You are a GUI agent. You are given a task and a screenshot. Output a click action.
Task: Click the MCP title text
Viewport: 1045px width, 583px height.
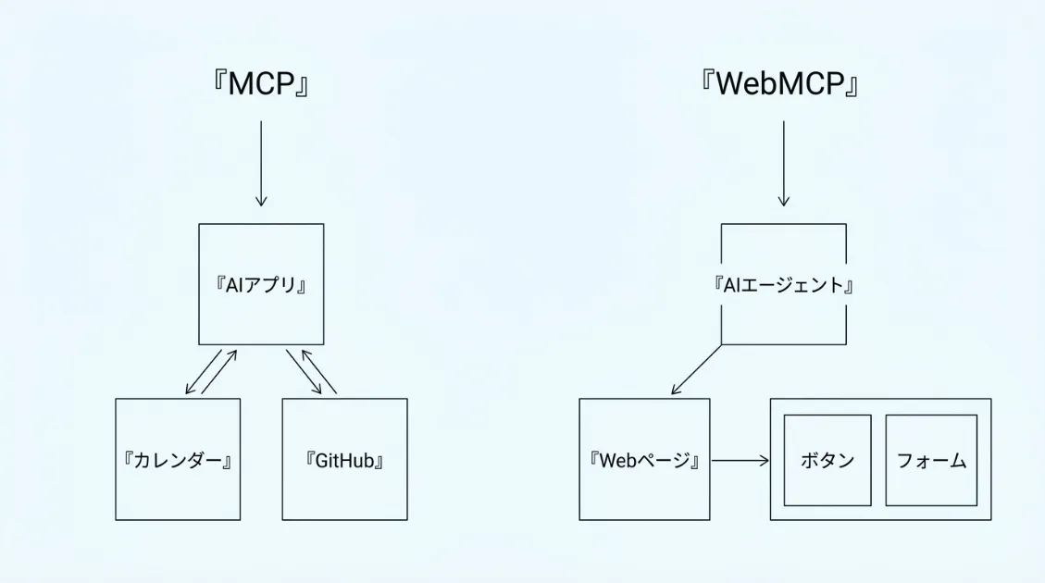click(x=260, y=84)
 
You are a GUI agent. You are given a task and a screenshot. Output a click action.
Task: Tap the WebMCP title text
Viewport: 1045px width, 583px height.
click(x=782, y=84)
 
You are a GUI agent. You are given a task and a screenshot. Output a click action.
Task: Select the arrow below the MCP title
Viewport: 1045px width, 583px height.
click(x=261, y=162)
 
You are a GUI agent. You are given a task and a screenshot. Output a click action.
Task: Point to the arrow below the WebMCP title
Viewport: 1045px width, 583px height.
click(x=784, y=162)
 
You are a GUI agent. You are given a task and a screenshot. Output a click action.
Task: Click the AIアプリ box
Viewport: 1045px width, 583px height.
click(x=261, y=284)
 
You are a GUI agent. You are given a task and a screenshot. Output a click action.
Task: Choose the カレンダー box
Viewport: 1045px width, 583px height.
click(x=178, y=459)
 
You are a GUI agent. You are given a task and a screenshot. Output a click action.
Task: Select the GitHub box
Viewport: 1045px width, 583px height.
click(x=344, y=459)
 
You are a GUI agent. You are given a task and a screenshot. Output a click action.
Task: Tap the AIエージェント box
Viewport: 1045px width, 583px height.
click(x=783, y=284)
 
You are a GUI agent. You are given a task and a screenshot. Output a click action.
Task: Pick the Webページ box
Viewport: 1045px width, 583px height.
click(x=644, y=459)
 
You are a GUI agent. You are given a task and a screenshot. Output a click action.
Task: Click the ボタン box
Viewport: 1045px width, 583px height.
click(x=827, y=460)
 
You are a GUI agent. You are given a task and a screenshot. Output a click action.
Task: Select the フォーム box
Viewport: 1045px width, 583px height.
click(x=931, y=460)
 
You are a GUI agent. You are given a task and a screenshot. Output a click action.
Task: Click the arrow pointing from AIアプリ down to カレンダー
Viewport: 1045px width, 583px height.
click(x=204, y=372)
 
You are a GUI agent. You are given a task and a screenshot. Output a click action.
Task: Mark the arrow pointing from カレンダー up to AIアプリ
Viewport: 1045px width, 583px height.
click(x=219, y=372)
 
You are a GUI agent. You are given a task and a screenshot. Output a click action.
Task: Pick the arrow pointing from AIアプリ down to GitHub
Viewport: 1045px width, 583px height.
click(x=304, y=372)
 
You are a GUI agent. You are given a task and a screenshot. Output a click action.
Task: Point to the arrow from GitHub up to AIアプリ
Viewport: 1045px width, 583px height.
click(x=319, y=372)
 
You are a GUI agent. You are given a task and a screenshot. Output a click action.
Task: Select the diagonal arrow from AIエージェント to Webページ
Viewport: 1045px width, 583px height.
click(x=696, y=369)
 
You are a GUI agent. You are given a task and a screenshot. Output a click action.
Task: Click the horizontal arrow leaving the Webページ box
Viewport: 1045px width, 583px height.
click(x=740, y=460)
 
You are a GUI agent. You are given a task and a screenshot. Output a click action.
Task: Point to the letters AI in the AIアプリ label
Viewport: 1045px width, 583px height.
click(x=233, y=285)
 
